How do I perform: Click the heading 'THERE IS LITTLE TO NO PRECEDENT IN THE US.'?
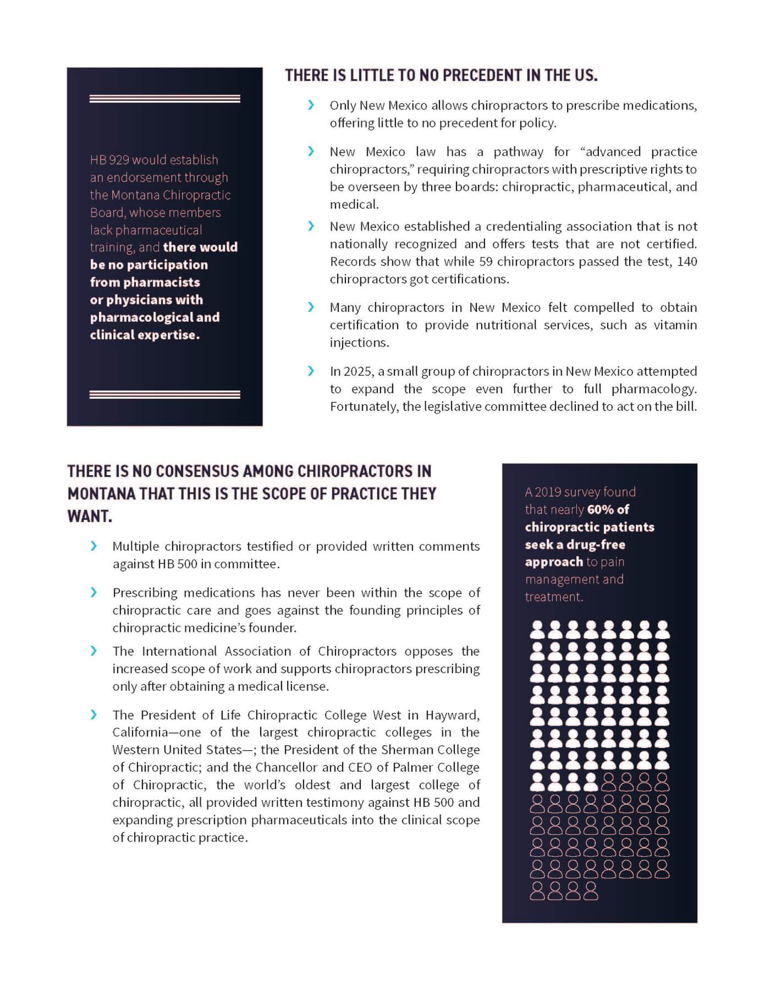(441, 75)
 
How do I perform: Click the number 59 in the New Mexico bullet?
(486, 262)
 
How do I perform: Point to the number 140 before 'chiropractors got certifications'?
(687, 262)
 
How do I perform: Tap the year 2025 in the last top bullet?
(357, 372)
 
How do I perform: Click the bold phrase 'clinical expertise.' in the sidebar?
(145, 335)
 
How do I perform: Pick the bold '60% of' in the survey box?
(608, 510)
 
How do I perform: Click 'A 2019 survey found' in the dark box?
(580, 492)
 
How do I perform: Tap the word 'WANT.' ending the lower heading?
(90, 516)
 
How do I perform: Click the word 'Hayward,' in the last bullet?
(453, 715)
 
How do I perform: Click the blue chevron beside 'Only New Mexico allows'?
(311, 105)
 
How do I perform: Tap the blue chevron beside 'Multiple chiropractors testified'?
(94, 546)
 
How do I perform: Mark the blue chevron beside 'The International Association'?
(94, 651)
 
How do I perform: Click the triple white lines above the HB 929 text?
(164, 99)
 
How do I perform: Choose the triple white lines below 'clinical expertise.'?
(164, 394)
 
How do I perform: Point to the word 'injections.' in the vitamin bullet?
(359, 343)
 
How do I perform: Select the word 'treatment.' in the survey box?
(554, 597)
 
